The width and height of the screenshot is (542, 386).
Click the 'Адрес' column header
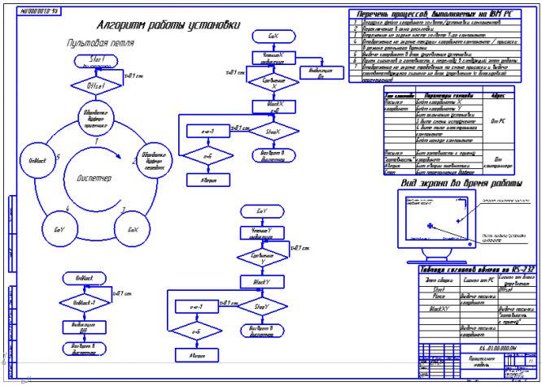coord(499,94)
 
